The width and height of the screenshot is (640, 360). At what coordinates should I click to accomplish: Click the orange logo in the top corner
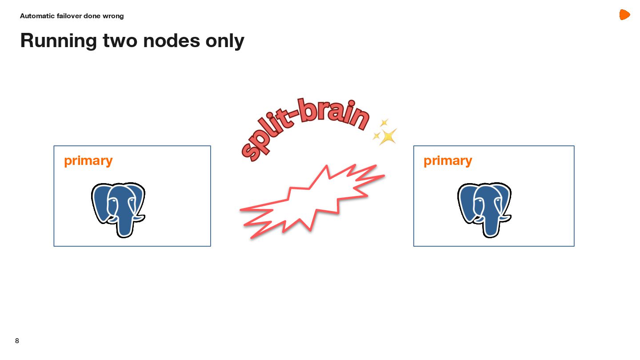point(624,15)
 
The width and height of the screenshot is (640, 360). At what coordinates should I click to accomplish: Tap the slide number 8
point(17,341)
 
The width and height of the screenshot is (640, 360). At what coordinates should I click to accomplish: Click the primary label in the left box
point(88,160)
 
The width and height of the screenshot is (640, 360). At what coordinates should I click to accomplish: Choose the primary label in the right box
point(448,160)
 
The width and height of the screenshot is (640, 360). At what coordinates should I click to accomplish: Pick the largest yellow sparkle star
point(388,136)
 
